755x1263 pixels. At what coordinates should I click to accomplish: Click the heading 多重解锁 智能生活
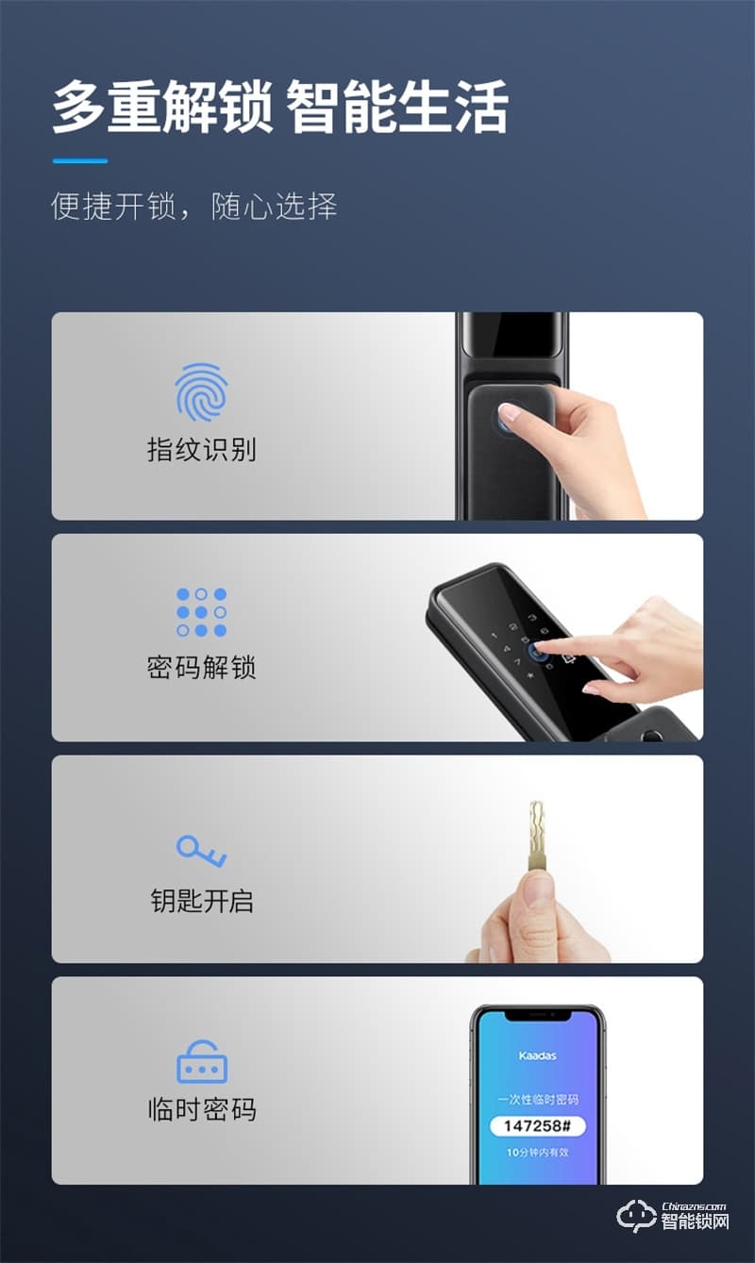279,108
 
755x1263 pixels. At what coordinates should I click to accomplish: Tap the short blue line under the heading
79,161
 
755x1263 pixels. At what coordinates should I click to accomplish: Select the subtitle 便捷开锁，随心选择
193,207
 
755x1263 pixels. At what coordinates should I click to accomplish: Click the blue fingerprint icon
201,392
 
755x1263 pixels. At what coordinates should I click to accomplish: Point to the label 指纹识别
201,450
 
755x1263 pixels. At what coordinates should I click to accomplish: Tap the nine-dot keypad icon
201,612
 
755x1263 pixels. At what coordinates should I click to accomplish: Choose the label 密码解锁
201,669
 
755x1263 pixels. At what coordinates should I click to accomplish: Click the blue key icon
201,851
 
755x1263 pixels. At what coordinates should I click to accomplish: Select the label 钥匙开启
201,901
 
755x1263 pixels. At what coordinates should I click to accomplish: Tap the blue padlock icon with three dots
202,1062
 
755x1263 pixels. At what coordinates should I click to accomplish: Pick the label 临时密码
201,1109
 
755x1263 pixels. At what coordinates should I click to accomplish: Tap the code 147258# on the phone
537,1126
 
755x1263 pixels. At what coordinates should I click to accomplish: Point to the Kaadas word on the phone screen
537,1055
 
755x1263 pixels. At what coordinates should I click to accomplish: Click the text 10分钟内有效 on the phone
537,1153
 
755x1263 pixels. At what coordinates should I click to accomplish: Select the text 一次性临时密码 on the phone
537,1100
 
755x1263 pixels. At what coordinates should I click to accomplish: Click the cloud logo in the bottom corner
635,1216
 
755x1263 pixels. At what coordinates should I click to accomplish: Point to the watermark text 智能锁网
695,1222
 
